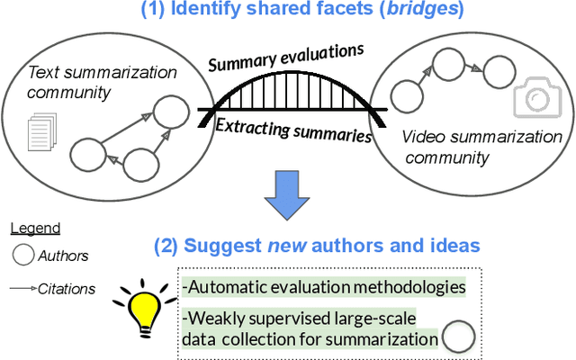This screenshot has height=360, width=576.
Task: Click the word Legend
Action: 36,229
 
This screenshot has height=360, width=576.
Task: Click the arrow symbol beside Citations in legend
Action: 22,289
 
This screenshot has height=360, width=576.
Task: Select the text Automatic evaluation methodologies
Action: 324,287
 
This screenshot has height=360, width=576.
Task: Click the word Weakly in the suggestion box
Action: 216,316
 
